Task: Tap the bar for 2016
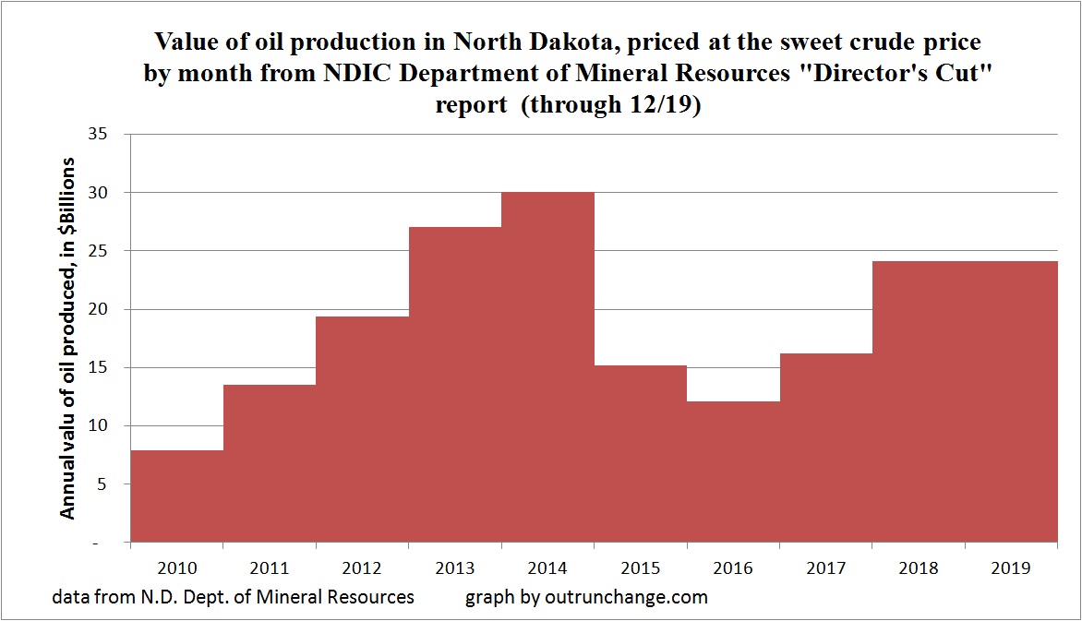click(x=734, y=471)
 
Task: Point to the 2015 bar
click(x=641, y=452)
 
